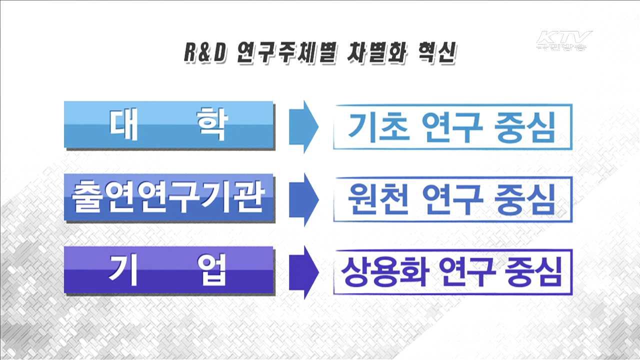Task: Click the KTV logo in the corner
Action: pos(563,40)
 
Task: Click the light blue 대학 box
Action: pos(168,124)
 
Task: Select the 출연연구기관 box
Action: pos(168,198)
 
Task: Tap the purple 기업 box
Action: pos(168,270)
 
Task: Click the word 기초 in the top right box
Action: pos(378,127)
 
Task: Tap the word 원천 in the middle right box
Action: pos(378,199)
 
